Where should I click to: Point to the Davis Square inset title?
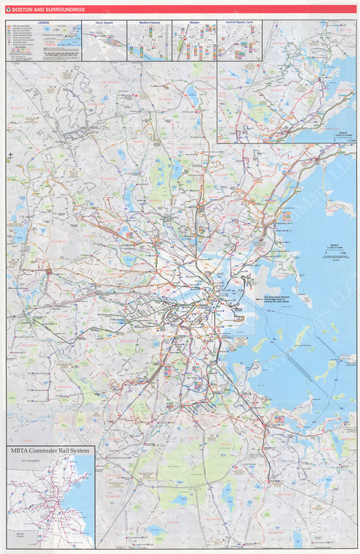pos(104,22)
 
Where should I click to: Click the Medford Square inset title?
pos(149,22)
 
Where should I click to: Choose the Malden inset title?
pos(194,22)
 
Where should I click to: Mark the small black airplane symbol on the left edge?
pos(10,156)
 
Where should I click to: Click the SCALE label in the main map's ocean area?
pos(334,245)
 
